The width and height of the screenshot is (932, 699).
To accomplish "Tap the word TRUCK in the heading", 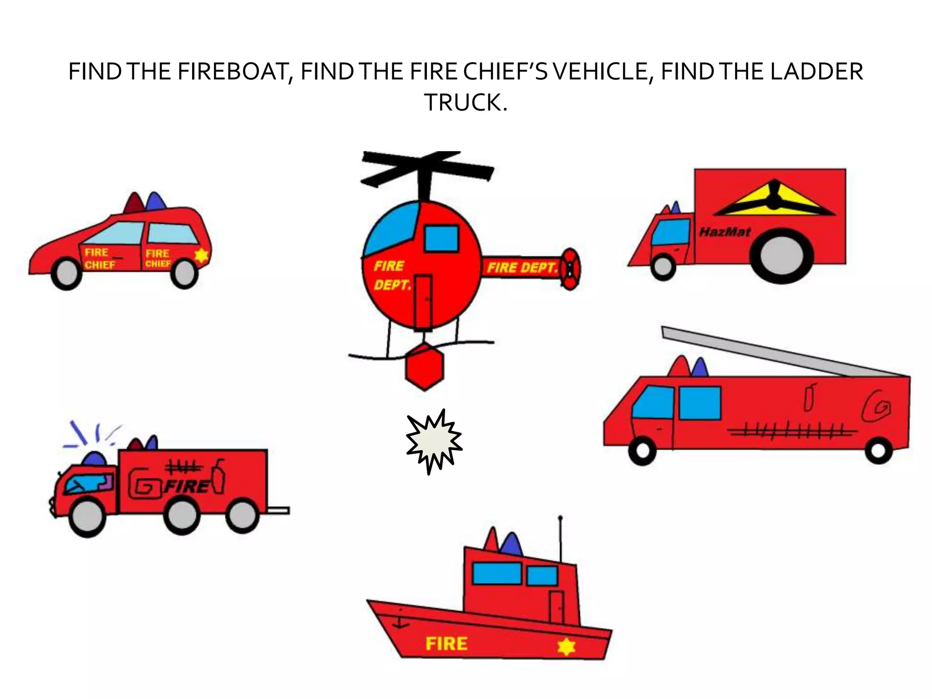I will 465,102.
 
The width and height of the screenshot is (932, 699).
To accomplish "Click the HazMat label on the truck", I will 725,232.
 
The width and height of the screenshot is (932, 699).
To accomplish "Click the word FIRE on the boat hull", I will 446,643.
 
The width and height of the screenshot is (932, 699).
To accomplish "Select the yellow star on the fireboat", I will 566,647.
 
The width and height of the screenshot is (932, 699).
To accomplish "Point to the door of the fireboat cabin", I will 556,607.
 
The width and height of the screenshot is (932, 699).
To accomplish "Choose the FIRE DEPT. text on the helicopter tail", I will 522,268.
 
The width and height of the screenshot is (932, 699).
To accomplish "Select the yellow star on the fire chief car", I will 201,255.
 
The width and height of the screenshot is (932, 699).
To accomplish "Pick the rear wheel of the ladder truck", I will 879,451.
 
